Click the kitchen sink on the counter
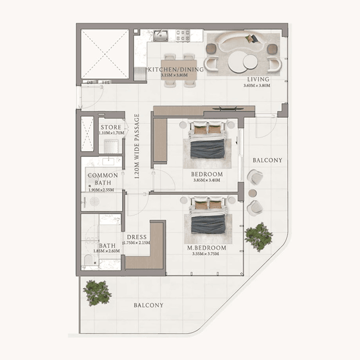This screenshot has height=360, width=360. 161,36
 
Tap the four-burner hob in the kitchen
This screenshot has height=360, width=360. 182,36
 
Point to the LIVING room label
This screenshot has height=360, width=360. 258,79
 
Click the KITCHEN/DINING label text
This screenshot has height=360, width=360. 176,69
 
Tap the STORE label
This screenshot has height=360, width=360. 110,127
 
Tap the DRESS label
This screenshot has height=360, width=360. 136,237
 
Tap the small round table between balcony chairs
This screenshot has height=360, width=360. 252,193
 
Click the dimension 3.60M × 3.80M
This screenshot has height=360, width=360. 257,86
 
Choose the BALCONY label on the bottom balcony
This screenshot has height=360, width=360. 148,305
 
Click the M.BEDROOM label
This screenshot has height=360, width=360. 207,248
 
